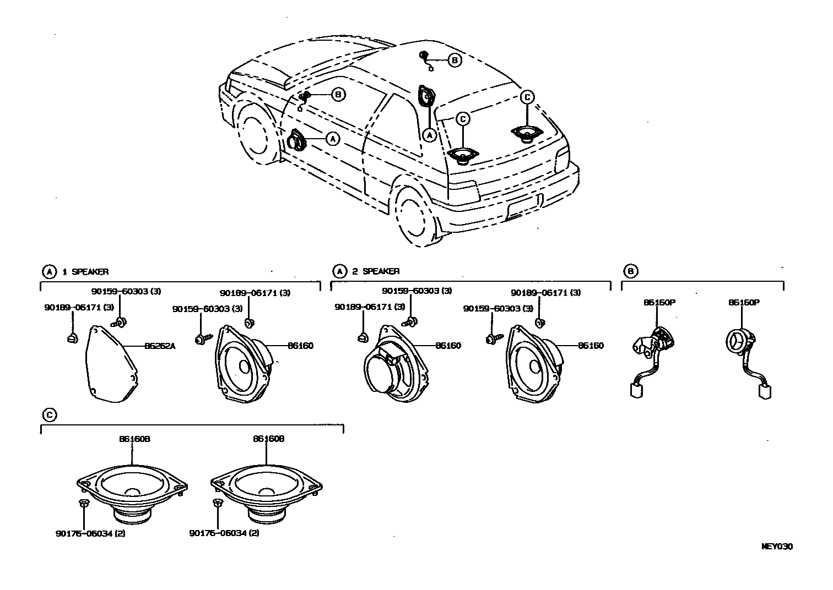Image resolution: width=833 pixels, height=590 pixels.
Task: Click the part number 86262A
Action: point(159,346)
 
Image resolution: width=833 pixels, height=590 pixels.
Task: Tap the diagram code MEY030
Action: point(777,547)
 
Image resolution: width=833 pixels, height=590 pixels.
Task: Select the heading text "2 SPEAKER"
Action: point(376,271)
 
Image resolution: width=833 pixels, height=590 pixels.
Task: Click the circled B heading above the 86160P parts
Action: point(631,271)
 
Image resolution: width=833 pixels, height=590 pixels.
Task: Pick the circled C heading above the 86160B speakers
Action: point(50,415)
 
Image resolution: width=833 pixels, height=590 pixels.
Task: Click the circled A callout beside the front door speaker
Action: point(332,139)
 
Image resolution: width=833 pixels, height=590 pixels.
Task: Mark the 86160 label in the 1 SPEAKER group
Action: point(300,346)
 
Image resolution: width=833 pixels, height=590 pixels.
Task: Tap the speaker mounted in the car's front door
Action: point(296,140)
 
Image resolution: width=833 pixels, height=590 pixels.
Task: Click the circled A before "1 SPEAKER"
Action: point(50,271)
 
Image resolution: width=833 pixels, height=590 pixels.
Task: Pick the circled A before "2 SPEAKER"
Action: point(340,271)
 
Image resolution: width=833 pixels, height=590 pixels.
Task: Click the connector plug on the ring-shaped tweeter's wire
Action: point(764,391)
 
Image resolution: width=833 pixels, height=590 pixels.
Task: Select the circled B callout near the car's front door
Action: point(338,95)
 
